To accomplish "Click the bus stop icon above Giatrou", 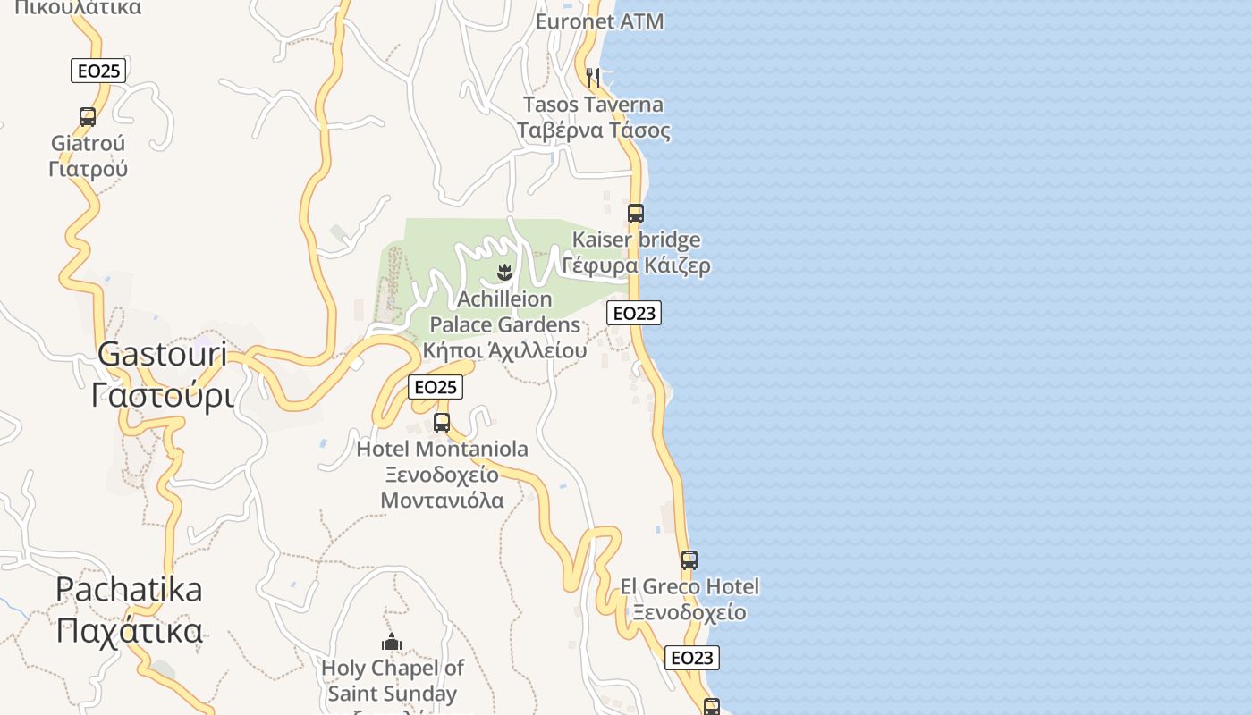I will [x=88, y=116].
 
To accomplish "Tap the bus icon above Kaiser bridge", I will [x=636, y=214].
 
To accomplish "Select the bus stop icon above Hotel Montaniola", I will [x=442, y=423].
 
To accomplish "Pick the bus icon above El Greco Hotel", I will [x=689, y=560].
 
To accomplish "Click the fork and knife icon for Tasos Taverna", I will [x=593, y=78].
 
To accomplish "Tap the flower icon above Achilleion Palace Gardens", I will [x=504, y=271].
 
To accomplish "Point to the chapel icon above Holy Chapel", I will [x=392, y=642].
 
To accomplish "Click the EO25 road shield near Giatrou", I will [x=98, y=71].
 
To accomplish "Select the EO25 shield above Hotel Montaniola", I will [x=436, y=387].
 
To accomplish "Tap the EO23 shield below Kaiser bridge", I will [x=634, y=313].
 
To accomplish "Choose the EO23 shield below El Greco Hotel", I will [x=692, y=658].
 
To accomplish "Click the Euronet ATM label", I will [x=599, y=21].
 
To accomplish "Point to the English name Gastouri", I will [x=162, y=354].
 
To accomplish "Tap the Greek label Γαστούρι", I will [x=162, y=394].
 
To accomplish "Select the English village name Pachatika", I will [x=129, y=590].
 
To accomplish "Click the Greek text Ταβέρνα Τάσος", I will [x=594, y=130].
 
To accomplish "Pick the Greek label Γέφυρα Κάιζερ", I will [x=637, y=265].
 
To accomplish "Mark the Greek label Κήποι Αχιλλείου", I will [x=505, y=349].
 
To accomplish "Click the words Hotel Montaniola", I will [x=442, y=449].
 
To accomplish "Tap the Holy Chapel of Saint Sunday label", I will [x=393, y=680].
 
